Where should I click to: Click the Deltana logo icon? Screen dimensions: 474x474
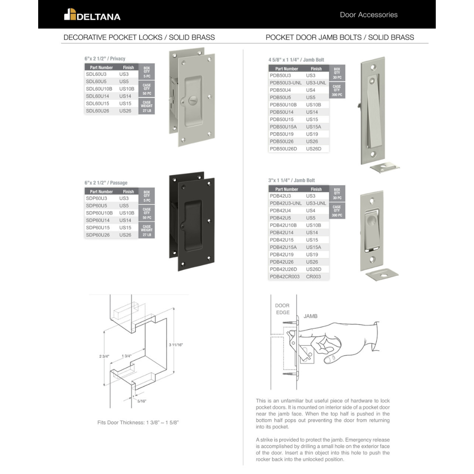pos(70,14)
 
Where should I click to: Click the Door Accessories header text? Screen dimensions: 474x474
pos(369,15)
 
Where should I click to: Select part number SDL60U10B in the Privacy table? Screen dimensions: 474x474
pos(99,89)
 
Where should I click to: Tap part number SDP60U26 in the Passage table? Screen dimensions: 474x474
pos(97,235)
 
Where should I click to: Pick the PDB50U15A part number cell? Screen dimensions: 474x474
pos(283,127)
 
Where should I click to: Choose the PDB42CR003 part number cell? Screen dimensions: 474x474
pos(284,276)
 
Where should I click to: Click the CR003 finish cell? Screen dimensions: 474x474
pos(313,276)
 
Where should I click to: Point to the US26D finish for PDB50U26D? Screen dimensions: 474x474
pos(313,149)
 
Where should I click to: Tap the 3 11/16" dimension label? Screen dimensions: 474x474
pos(176,345)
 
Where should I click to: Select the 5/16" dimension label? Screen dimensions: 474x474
pos(141,401)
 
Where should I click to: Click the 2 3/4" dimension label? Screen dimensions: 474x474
pos(104,356)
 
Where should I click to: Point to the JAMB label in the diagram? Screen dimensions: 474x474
pos(310,316)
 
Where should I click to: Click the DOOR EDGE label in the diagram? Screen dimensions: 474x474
pos(282,309)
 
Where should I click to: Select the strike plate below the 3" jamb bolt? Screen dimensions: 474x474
pos(382,274)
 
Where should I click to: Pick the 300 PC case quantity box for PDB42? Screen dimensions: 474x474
pos(337,211)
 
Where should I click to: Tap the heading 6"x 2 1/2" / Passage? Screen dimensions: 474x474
pos(106,183)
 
